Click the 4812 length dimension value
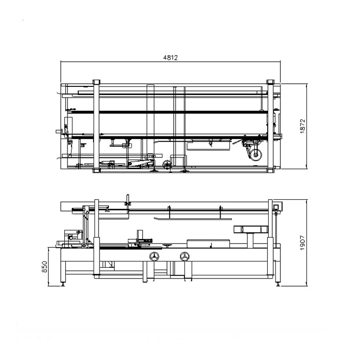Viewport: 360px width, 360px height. pyautogui.click(x=171, y=58)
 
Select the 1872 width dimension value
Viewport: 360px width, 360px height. pyautogui.click(x=302, y=126)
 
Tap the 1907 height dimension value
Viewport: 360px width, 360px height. pyautogui.click(x=302, y=243)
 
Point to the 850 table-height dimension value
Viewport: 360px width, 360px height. pyautogui.click(x=45, y=267)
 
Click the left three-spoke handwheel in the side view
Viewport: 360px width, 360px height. pyautogui.click(x=154, y=256)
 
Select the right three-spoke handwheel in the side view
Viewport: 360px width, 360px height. pyautogui.click(x=184, y=256)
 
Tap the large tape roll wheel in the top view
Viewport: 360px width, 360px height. pyautogui.click(x=256, y=155)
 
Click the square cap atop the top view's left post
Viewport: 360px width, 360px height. pyautogui.click(x=96, y=82)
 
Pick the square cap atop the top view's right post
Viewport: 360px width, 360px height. pyautogui.click(x=270, y=82)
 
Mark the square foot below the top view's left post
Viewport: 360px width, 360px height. pyautogui.click(x=96, y=171)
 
